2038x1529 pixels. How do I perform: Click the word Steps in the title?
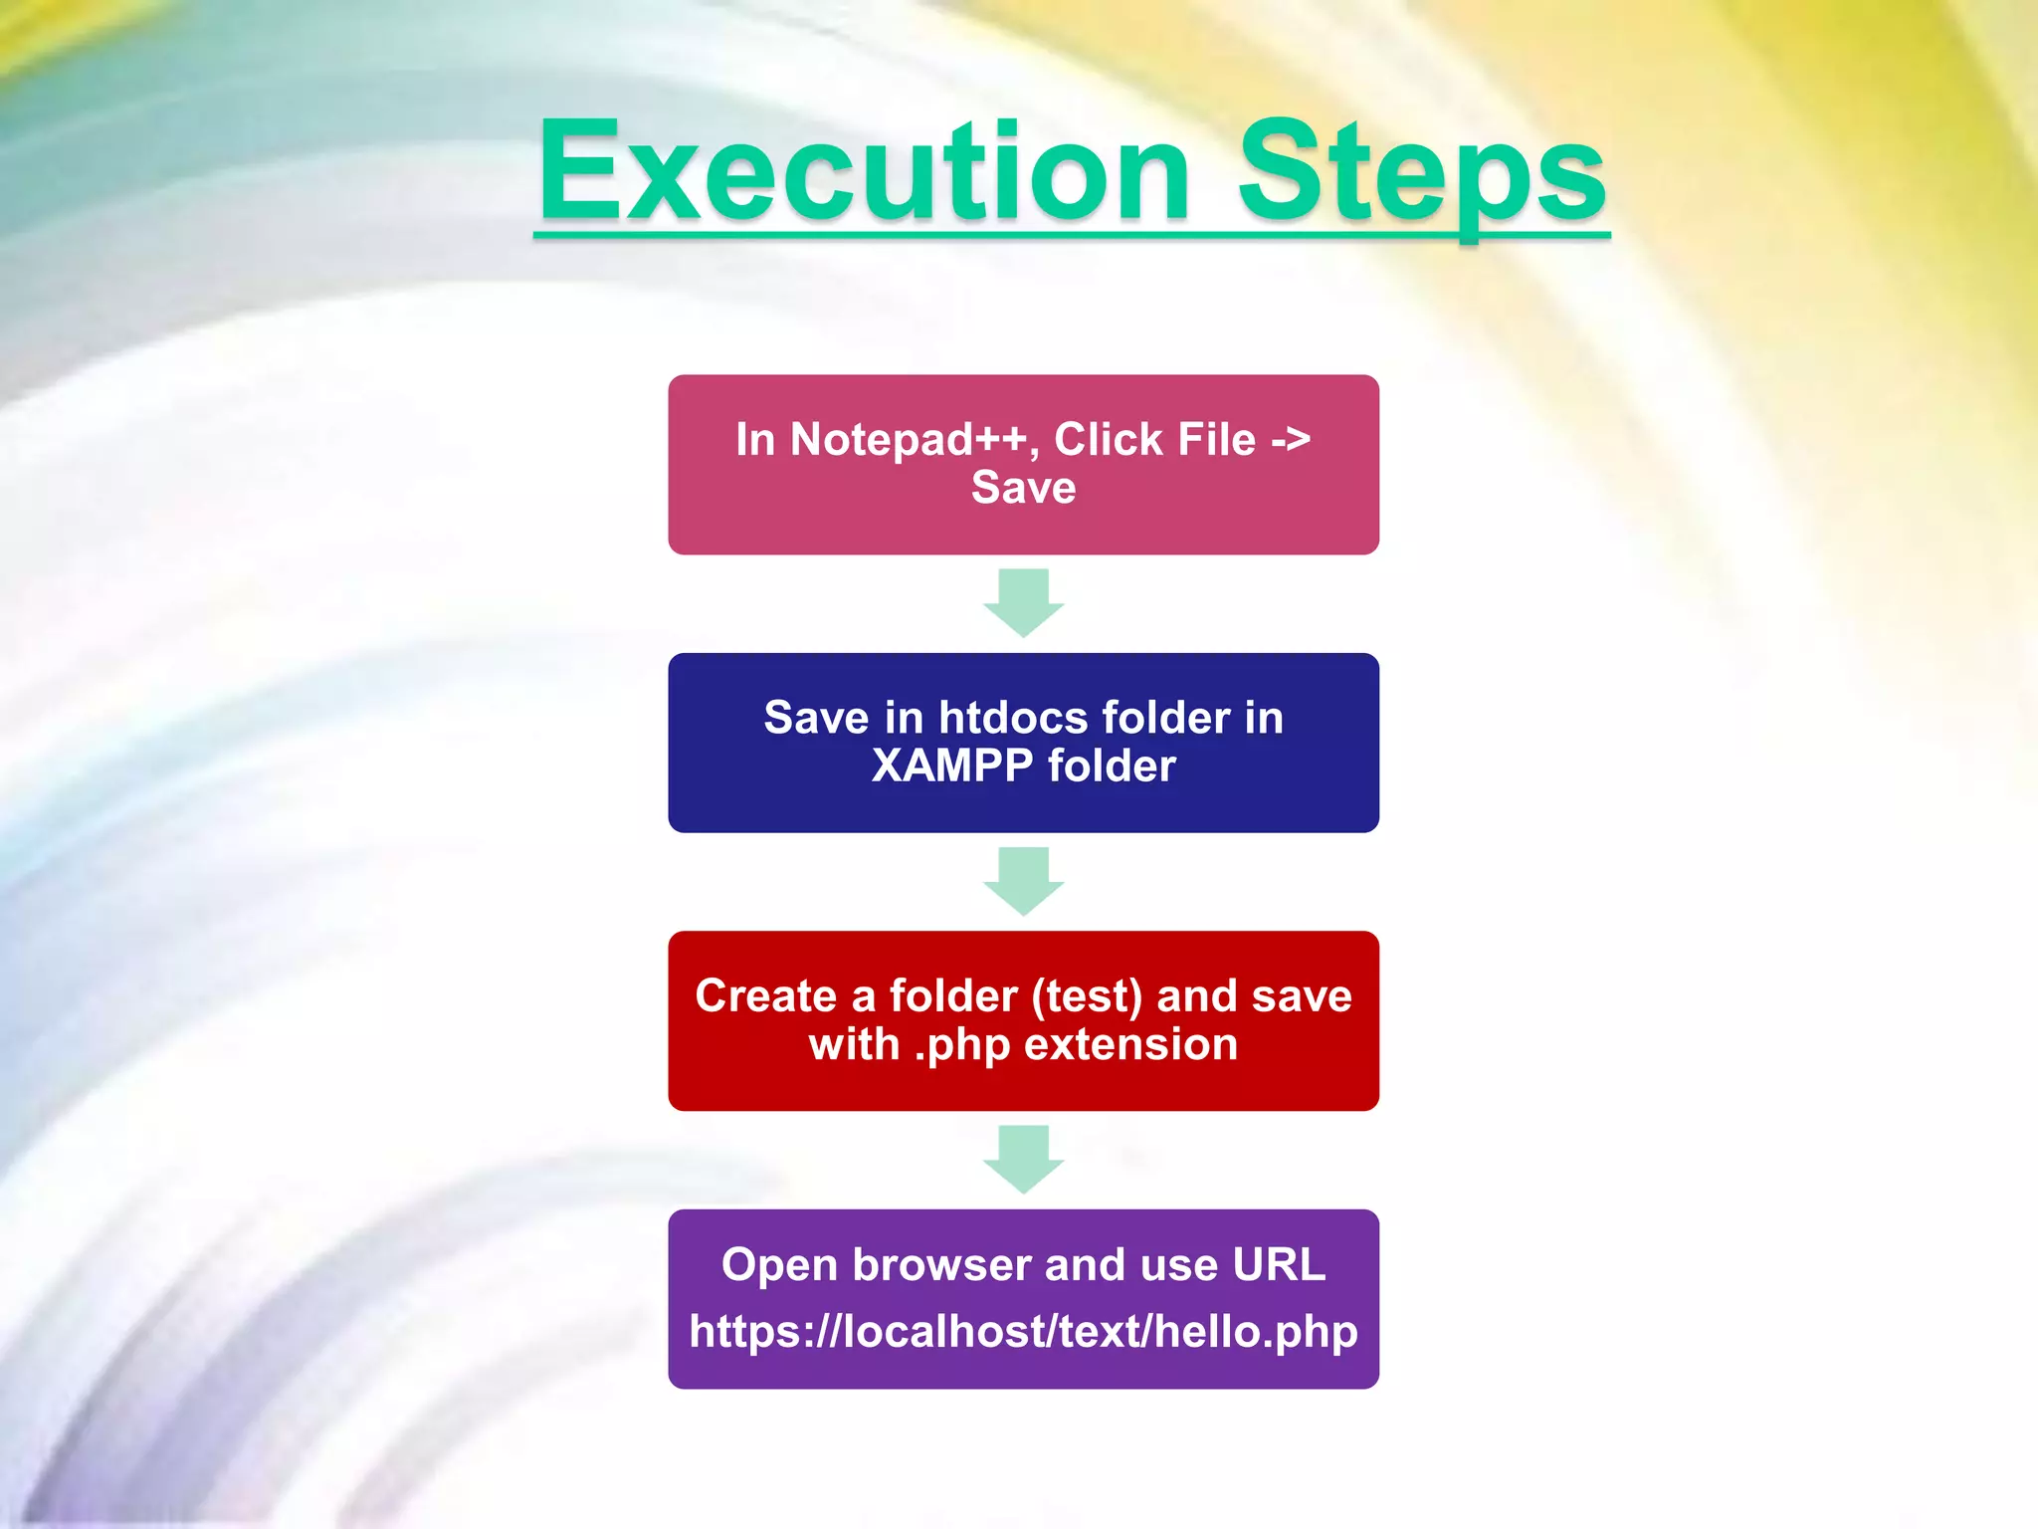click(1421, 174)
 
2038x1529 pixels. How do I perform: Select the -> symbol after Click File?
click(1291, 440)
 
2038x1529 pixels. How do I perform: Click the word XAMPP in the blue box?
click(952, 766)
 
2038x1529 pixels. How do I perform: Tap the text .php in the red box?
click(961, 1045)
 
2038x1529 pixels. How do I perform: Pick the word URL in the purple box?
click(1279, 1265)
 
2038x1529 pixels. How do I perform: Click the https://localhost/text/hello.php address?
click(1023, 1332)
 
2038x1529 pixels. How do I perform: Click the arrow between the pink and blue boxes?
click(1023, 602)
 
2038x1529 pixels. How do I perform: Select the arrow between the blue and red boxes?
click(1023, 881)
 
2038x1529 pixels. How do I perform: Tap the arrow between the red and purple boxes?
click(1023, 1159)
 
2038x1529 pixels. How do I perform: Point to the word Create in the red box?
click(765, 996)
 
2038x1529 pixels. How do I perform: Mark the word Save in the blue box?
click(816, 718)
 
